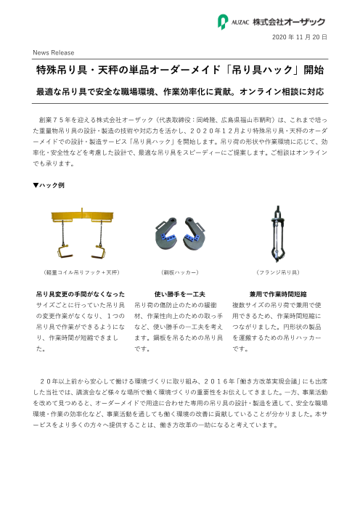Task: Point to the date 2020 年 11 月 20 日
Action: (300, 36)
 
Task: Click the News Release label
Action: (53, 53)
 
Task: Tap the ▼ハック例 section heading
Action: (49, 186)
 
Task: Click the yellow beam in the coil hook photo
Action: (81, 216)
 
